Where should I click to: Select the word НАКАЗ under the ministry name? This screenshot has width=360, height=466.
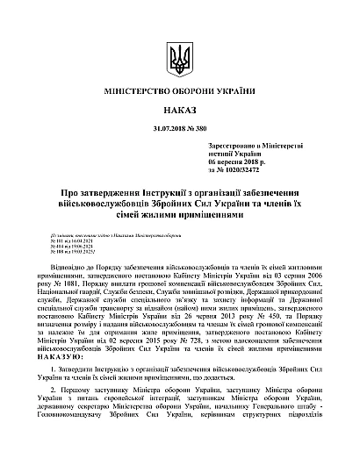[180, 112]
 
